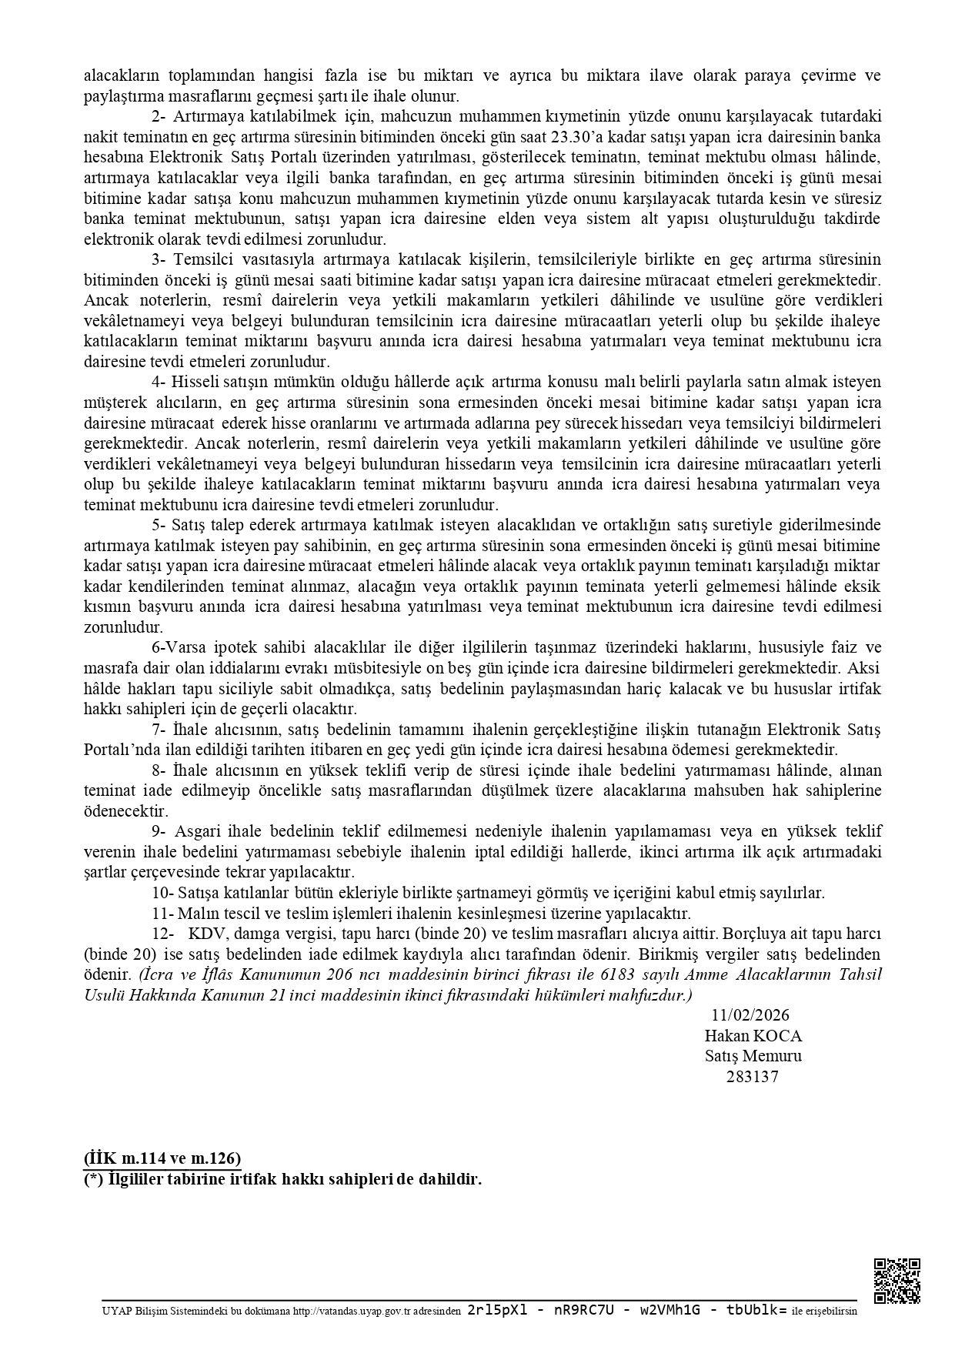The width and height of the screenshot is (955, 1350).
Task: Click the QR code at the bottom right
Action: point(897,1281)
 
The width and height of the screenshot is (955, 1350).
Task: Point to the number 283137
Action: point(752,1077)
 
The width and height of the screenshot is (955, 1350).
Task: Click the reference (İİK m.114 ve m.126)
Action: point(162,1158)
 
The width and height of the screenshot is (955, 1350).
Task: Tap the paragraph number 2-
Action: point(159,117)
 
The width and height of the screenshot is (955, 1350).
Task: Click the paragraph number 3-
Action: point(159,259)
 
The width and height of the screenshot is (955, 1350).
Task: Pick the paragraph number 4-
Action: point(159,382)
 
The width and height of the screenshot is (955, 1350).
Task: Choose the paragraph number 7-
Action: point(159,729)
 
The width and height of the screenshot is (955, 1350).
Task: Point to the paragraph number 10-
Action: point(162,893)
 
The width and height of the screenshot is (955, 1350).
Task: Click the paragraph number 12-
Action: point(162,934)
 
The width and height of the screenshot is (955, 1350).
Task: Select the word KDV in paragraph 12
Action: point(206,934)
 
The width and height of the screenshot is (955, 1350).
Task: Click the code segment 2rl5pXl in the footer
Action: point(498,1310)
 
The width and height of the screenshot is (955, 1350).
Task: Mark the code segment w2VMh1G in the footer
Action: point(665,1310)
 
